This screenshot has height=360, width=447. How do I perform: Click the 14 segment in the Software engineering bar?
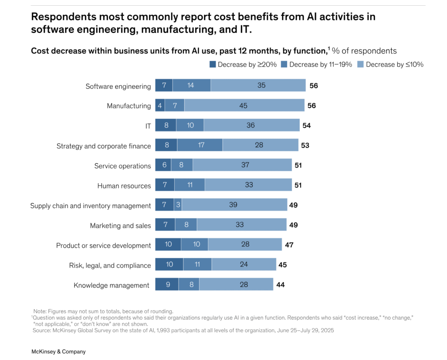tap(192, 85)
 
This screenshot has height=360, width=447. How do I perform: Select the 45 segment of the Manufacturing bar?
tap(244, 105)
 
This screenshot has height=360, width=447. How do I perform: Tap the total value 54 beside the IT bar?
tap(306, 125)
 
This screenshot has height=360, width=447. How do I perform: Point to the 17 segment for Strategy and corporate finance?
tap(200, 145)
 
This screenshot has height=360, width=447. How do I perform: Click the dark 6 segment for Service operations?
tap(163, 165)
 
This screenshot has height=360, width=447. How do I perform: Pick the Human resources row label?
tap(124, 186)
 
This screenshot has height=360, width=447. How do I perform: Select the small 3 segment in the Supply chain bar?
tap(178, 204)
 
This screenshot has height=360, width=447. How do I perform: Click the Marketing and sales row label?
tap(120, 225)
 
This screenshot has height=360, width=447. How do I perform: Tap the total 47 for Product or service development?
tap(289, 245)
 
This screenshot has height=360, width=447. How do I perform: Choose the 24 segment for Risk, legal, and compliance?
tap(244, 264)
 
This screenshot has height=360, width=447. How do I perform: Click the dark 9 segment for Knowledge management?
tap(167, 284)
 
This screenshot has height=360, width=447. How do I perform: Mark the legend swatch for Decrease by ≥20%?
tap(213, 64)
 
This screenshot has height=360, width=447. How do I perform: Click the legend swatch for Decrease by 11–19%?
tap(284, 64)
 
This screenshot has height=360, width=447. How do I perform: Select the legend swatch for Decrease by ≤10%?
tap(361, 64)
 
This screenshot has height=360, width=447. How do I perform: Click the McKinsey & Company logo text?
tap(58, 351)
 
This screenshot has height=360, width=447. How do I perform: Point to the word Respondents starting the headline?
tap(64, 17)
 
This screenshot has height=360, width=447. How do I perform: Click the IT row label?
tap(148, 126)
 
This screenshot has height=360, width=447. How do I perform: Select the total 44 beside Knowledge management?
tap(281, 285)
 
